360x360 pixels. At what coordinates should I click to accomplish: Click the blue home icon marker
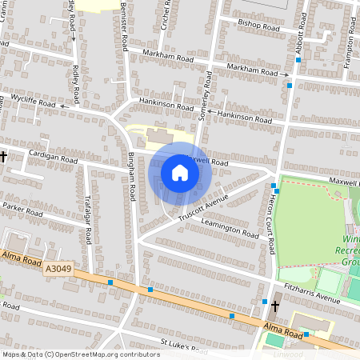180,172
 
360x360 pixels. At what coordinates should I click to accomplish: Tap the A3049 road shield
59,270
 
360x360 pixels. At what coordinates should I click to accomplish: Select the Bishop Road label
256,23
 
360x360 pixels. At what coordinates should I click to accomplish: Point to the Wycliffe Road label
33,102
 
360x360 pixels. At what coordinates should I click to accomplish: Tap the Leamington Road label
230,229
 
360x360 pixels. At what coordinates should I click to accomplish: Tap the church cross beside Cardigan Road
4,157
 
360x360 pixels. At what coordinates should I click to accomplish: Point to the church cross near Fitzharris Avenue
275,306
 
